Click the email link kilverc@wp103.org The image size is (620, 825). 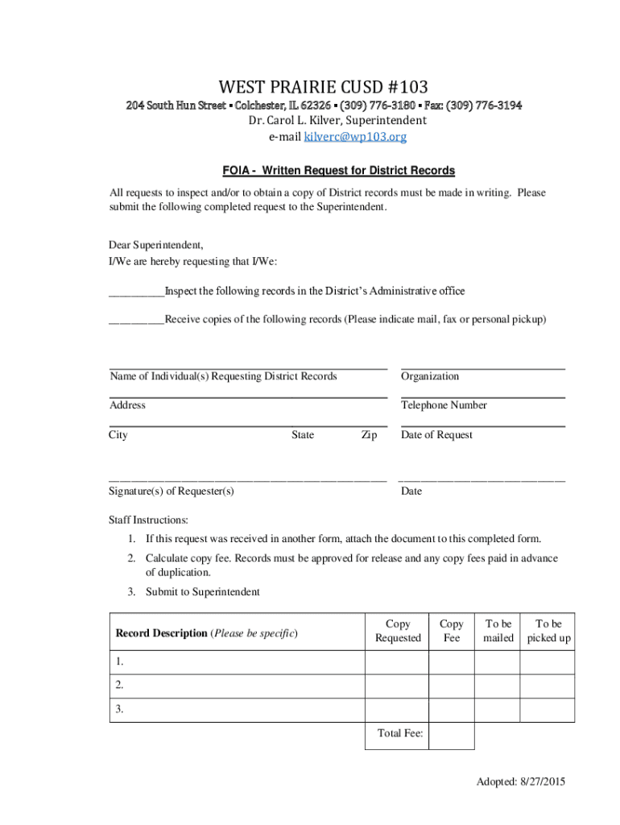(355, 137)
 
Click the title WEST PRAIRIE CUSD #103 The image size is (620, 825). (324, 86)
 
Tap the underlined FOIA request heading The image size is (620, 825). (339, 171)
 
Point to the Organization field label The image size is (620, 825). (430, 376)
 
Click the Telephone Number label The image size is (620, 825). (444, 405)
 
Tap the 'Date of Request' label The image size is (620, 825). (436, 435)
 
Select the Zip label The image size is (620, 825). (369, 435)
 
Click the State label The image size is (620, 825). (303, 435)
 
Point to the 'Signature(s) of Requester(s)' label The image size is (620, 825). (172, 491)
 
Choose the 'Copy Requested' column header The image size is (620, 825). (398, 631)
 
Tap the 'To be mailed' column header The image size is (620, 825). (498, 631)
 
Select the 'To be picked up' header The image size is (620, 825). (548, 631)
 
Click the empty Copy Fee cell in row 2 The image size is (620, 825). (451, 686)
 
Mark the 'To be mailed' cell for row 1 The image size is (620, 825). (497, 662)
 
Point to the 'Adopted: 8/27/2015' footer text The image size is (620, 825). (520, 782)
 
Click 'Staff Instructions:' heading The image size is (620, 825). (148, 520)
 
